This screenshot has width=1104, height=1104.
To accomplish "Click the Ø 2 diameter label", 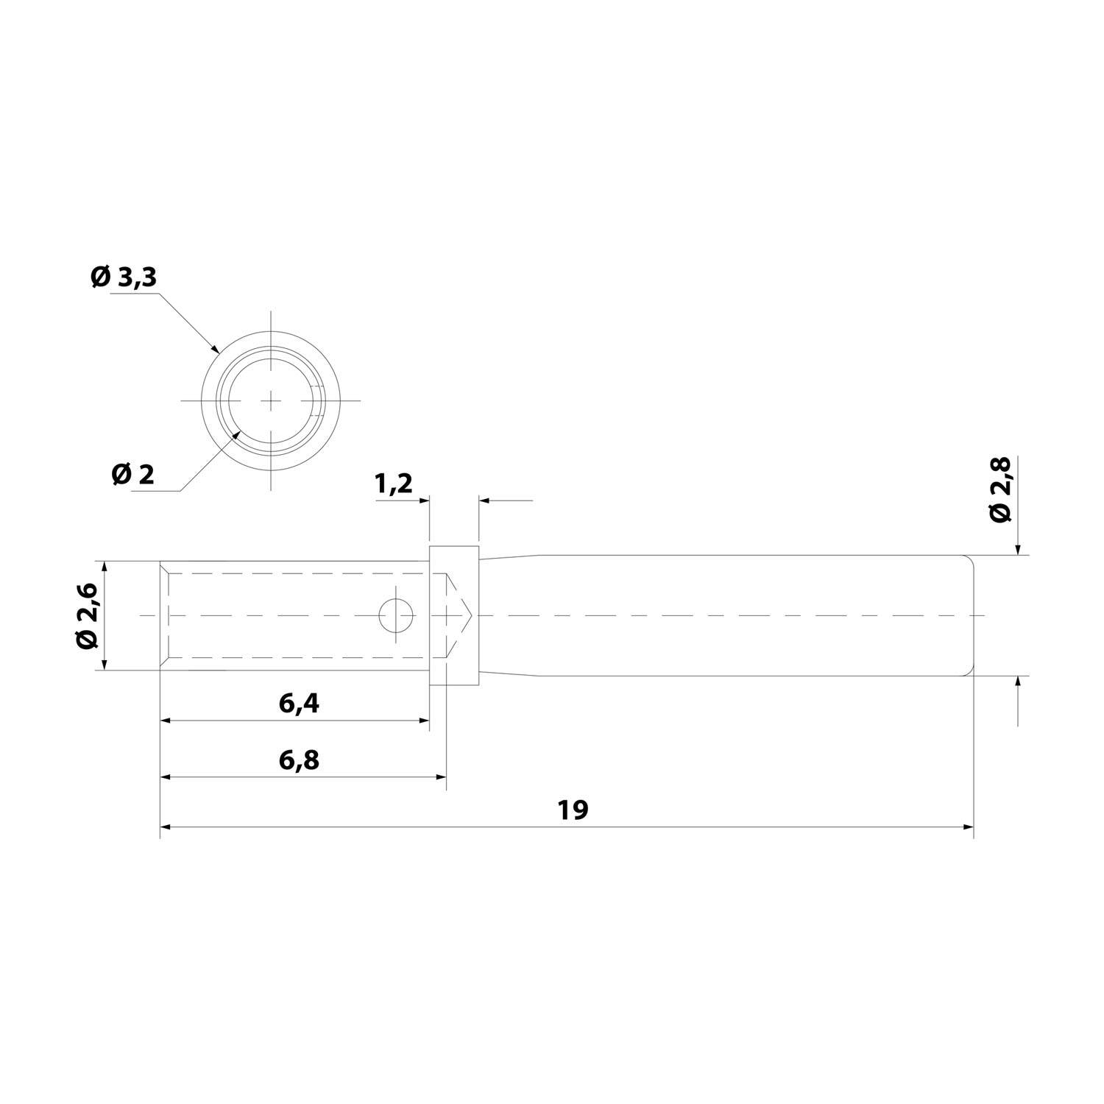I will point(133,475).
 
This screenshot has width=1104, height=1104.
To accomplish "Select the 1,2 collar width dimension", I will point(394,484).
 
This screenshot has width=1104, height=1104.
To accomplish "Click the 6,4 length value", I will point(299,704).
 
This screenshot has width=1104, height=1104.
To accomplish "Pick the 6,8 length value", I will point(299,760).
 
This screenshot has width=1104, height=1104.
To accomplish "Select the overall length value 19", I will point(573,810).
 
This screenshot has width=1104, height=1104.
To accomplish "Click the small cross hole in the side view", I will point(396,615).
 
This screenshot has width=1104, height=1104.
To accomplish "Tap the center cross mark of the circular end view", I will point(272,400).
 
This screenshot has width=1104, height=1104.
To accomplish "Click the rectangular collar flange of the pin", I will point(453,615).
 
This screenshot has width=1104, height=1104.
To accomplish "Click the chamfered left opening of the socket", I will point(165,615).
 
